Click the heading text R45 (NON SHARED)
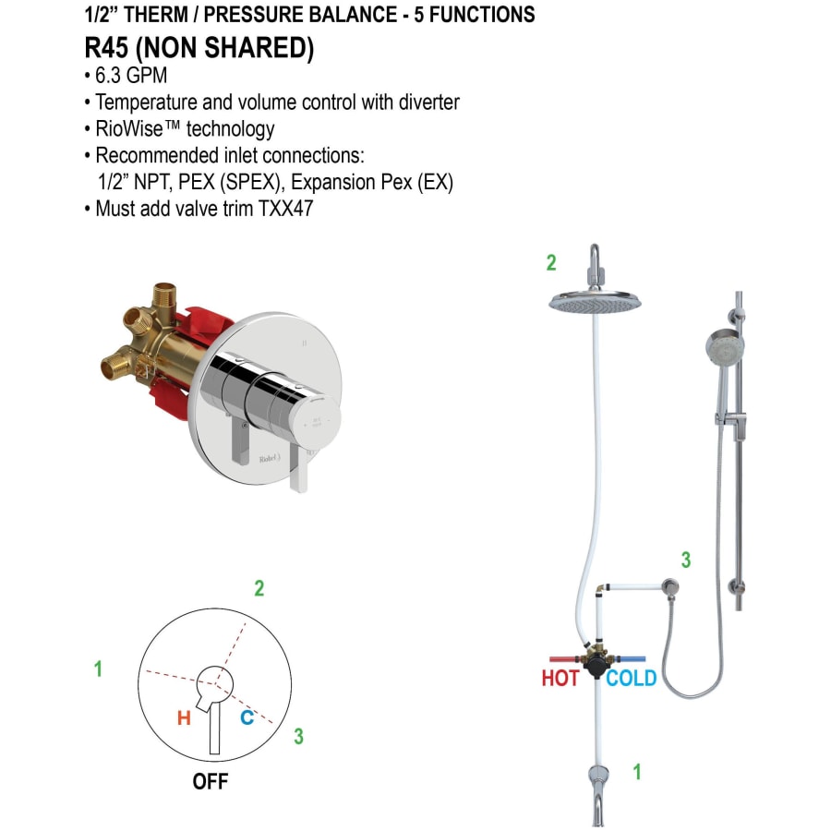[198, 49]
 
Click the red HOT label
[560, 679]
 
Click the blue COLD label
[632, 679]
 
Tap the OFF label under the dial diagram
[210, 781]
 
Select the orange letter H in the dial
[184, 717]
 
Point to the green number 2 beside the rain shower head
[551, 263]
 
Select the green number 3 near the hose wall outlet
[685, 560]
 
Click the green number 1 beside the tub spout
[636, 772]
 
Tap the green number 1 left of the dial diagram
[99, 669]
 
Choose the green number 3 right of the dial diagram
[298, 736]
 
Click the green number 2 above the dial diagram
[259, 588]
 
